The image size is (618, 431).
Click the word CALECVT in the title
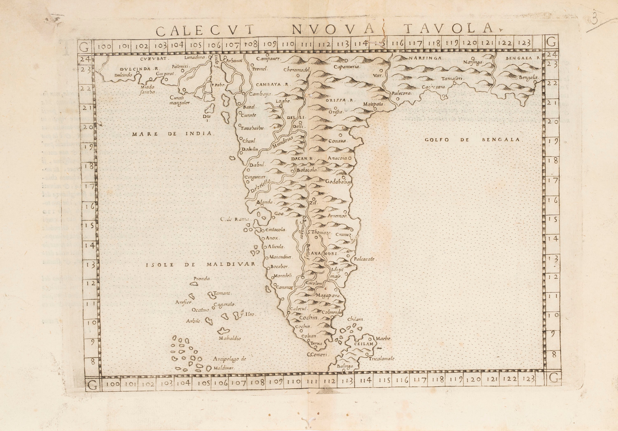[x=205, y=31]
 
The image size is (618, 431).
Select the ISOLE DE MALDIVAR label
[x=200, y=264]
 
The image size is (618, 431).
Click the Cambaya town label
[x=261, y=94]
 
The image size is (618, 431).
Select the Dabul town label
[x=257, y=165]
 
